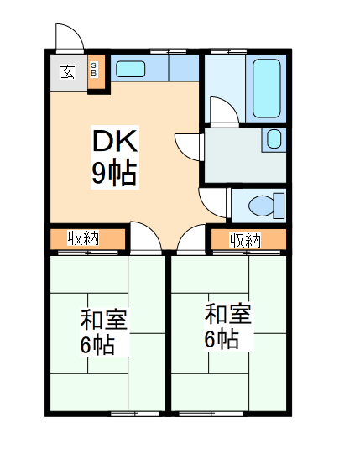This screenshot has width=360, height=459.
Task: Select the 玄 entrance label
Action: [x=66, y=70]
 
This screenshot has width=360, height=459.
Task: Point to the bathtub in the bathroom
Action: [x=267, y=89]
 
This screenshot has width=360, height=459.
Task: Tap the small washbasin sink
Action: [x=274, y=140]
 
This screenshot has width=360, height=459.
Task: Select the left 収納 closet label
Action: [x=84, y=239]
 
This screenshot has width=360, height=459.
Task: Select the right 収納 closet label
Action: [x=245, y=240]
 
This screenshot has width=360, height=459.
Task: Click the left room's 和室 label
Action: [x=103, y=320]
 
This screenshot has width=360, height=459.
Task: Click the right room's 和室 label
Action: [x=227, y=316]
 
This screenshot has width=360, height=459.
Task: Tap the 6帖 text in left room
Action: [x=97, y=344]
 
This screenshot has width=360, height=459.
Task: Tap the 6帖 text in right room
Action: [x=222, y=339]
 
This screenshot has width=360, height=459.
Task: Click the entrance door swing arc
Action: [x=68, y=38]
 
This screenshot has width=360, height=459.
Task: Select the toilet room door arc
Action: [x=212, y=201]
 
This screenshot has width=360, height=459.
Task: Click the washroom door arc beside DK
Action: [x=188, y=144]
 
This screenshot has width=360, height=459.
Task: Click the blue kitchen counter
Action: [x=155, y=68]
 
